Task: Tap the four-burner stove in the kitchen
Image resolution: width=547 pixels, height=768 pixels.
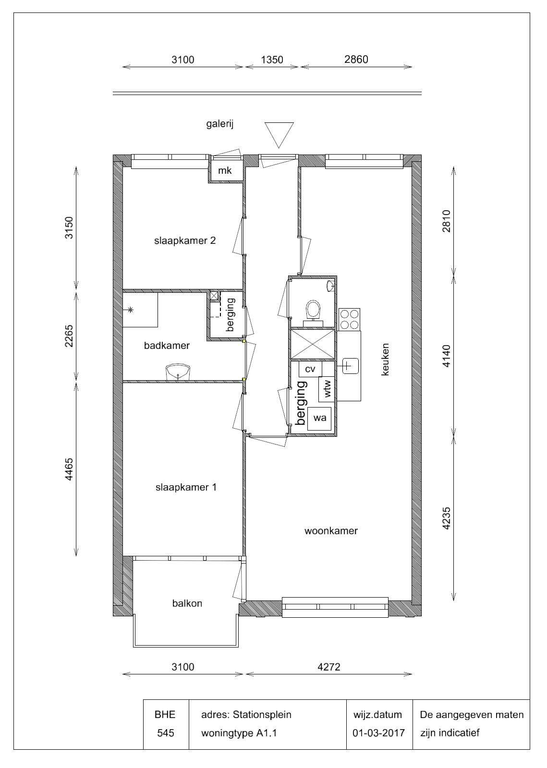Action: point(350,319)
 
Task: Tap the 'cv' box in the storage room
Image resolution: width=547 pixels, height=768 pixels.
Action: point(310,369)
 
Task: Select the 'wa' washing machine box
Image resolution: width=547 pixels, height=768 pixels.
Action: point(319,418)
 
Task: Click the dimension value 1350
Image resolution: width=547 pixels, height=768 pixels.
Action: point(272,60)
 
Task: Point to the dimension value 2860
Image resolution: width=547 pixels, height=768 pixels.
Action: point(356,60)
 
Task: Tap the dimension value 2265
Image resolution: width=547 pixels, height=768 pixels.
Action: point(69,336)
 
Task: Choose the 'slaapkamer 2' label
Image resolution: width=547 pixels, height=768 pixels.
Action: point(185,240)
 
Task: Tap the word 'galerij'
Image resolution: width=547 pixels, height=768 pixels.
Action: point(220,124)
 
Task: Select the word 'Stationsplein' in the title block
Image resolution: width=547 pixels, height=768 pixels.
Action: point(262,715)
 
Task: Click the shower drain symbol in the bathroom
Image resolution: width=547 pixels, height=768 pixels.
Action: point(130,310)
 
